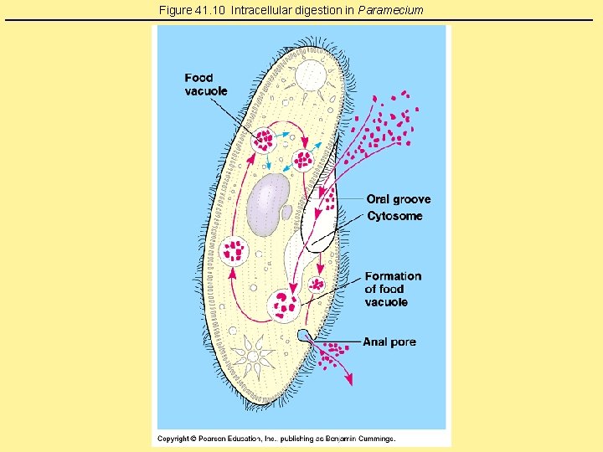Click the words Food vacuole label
tap(205, 85)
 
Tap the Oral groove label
tap(399, 199)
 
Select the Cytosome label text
tap(394, 216)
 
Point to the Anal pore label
tap(389, 342)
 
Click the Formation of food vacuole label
tap(392, 289)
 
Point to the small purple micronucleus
tap(286, 213)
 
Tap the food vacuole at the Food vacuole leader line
tap(265, 139)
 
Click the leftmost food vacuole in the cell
tap(234, 249)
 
